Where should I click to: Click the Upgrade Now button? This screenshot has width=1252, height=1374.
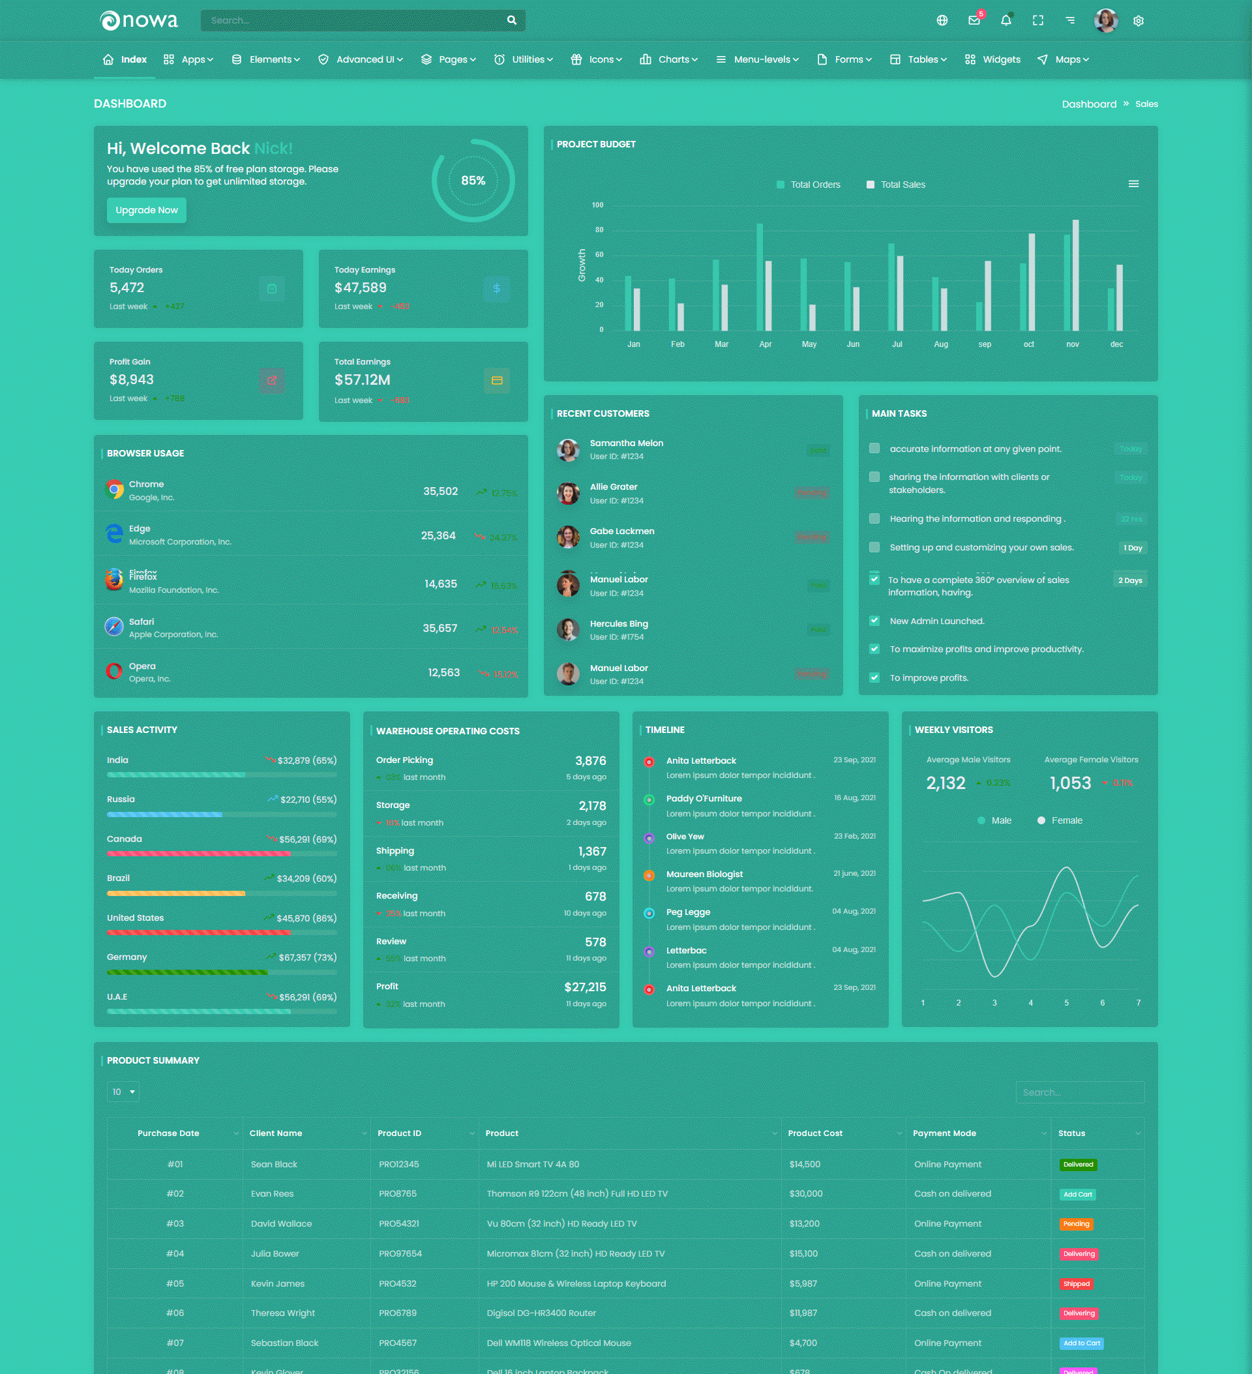pos(147,210)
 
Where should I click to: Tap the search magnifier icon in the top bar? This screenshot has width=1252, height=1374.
pos(512,20)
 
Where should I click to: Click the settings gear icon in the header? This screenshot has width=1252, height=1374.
pos(1138,21)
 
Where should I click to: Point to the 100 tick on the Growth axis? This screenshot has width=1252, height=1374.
pos(598,205)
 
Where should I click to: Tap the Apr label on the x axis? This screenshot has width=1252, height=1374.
pos(766,344)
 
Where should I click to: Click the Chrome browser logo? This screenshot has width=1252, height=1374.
pos(115,489)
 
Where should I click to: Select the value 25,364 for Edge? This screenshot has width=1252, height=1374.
pos(438,535)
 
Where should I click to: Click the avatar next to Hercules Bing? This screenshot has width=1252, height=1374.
pos(568,630)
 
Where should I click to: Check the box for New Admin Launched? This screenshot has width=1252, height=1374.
pos(874,621)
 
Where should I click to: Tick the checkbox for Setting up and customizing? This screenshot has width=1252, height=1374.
pos(874,547)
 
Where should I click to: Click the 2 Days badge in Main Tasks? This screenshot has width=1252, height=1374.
pos(1130,580)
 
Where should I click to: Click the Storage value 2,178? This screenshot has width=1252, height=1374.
pos(592,805)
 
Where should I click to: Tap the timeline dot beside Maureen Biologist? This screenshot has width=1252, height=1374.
pos(649,875)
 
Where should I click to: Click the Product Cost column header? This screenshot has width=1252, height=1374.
pos(815,1133)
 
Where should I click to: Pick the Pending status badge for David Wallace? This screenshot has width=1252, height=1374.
pos(1076,1224)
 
